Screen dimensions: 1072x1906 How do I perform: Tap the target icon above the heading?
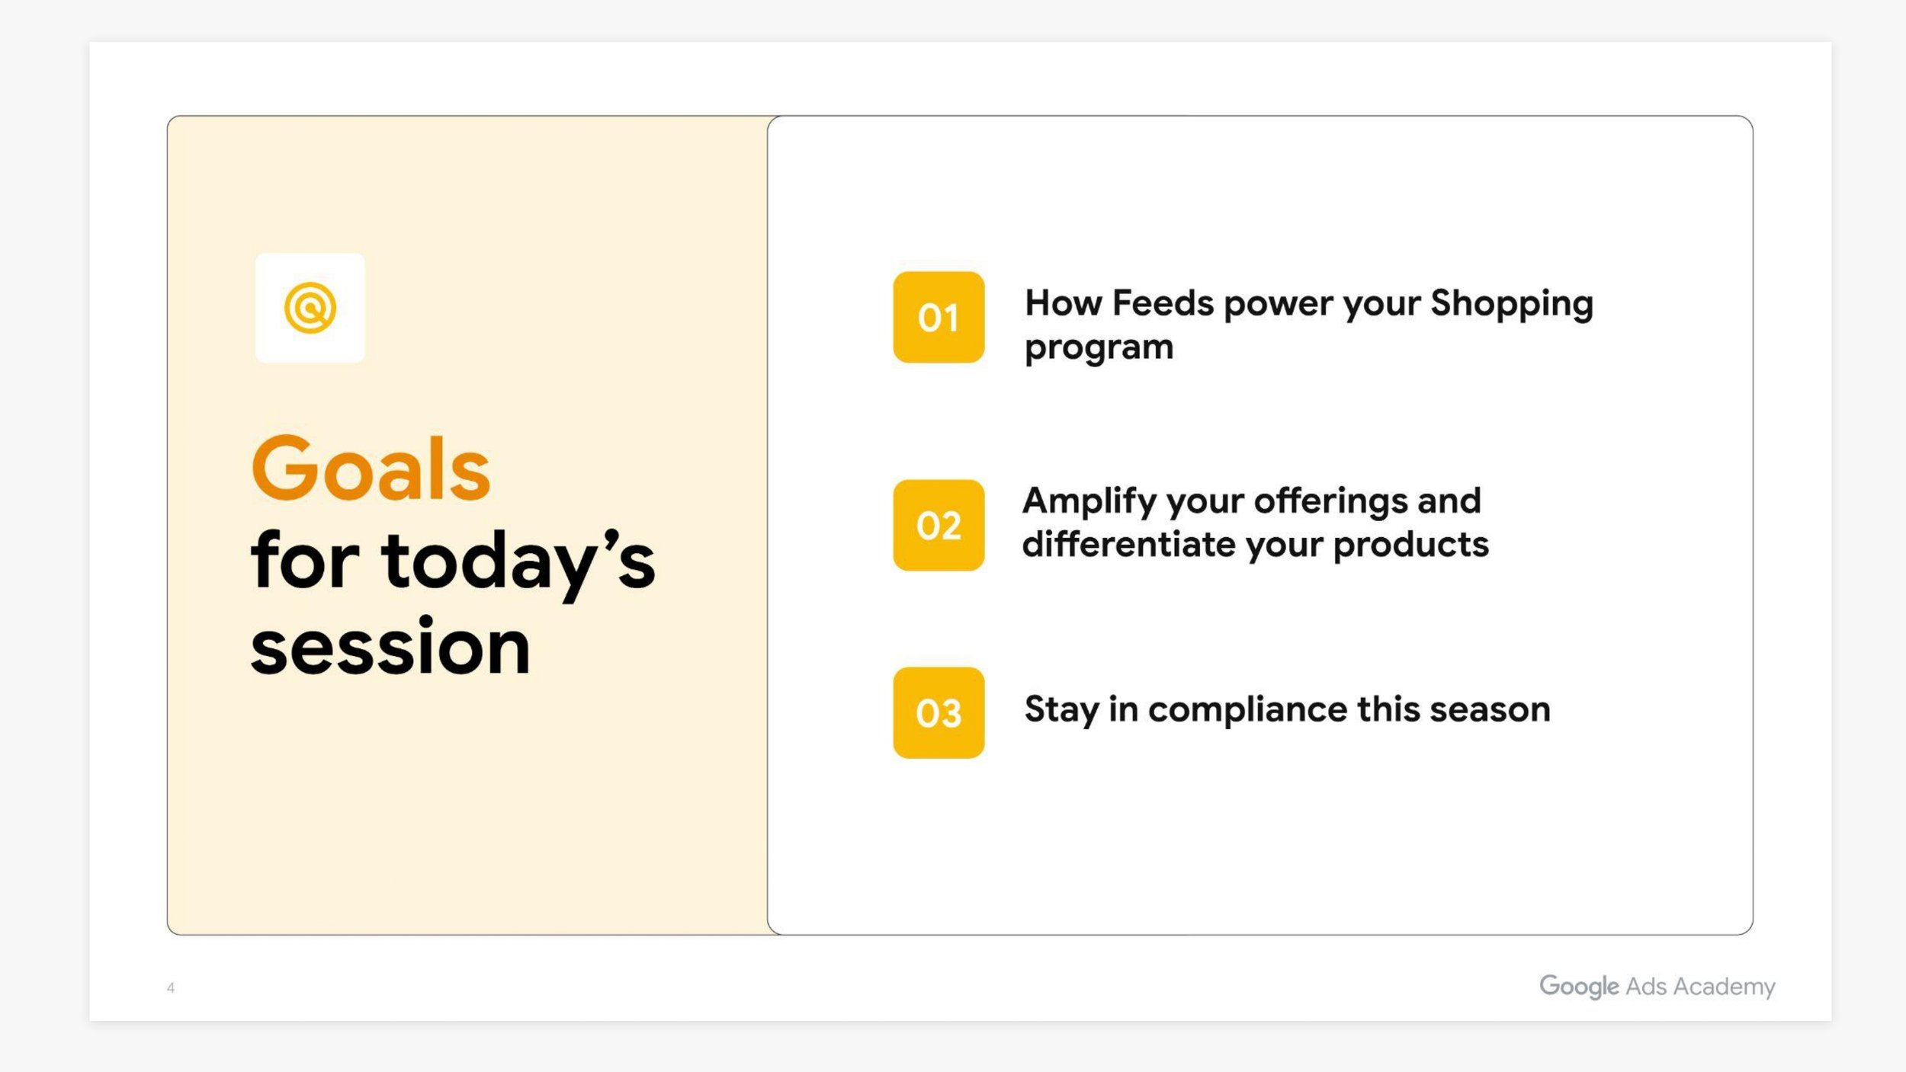310,308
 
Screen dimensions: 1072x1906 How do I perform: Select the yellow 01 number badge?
939,317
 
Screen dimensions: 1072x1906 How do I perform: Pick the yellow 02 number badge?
939,525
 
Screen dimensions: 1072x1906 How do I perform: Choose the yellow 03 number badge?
939,713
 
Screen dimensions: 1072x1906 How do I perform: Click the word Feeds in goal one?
1163,303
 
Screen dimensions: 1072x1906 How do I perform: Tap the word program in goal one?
1099,348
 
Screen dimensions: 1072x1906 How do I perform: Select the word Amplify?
1089,502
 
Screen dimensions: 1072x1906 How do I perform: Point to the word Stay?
1060,710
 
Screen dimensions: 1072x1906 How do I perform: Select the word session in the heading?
390,648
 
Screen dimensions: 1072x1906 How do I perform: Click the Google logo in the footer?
1578,987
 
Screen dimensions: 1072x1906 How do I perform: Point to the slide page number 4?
171,988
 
